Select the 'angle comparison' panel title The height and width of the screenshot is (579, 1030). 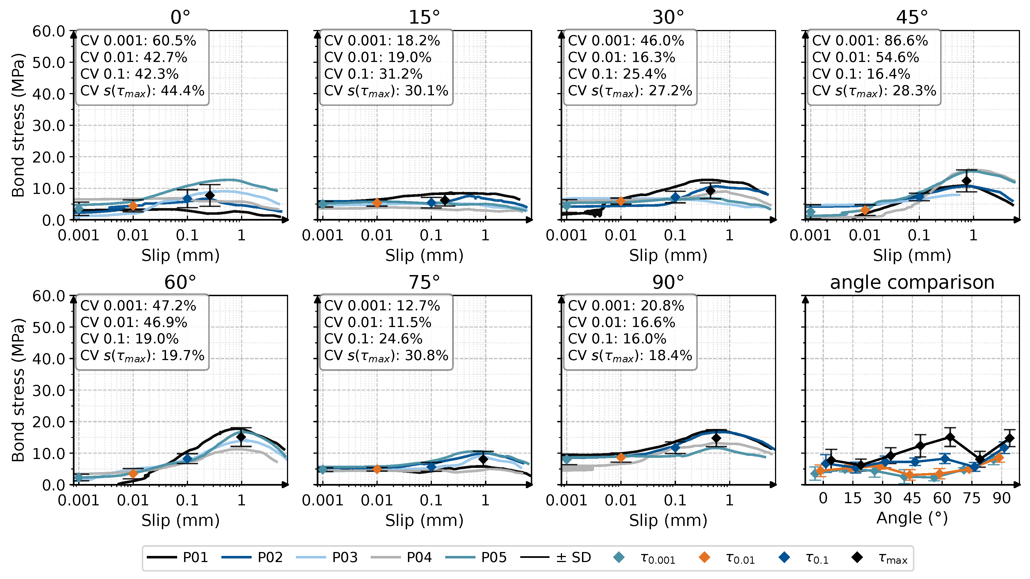tap(912, 283)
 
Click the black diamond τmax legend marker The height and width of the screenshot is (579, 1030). tap(856, 557)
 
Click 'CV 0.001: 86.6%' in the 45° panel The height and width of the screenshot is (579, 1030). tap(870, 41)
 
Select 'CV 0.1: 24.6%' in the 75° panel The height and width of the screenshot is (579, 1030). tap(373, 339)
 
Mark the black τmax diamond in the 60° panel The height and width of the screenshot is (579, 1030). tap(241, 437)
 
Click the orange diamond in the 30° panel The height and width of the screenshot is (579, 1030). tap(621, 201)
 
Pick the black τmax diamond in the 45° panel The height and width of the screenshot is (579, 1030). tap(966, 181)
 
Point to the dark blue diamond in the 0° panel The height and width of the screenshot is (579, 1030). tap(187, 198)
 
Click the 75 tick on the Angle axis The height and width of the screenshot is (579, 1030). tap(972, 498)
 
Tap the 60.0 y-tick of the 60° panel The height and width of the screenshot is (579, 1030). tap(49, 296)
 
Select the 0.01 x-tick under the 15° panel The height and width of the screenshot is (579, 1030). tap(377, 235)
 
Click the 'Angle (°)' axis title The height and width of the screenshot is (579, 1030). tap(912, 518)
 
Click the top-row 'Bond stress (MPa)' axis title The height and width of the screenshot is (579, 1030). tap(18, 125)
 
